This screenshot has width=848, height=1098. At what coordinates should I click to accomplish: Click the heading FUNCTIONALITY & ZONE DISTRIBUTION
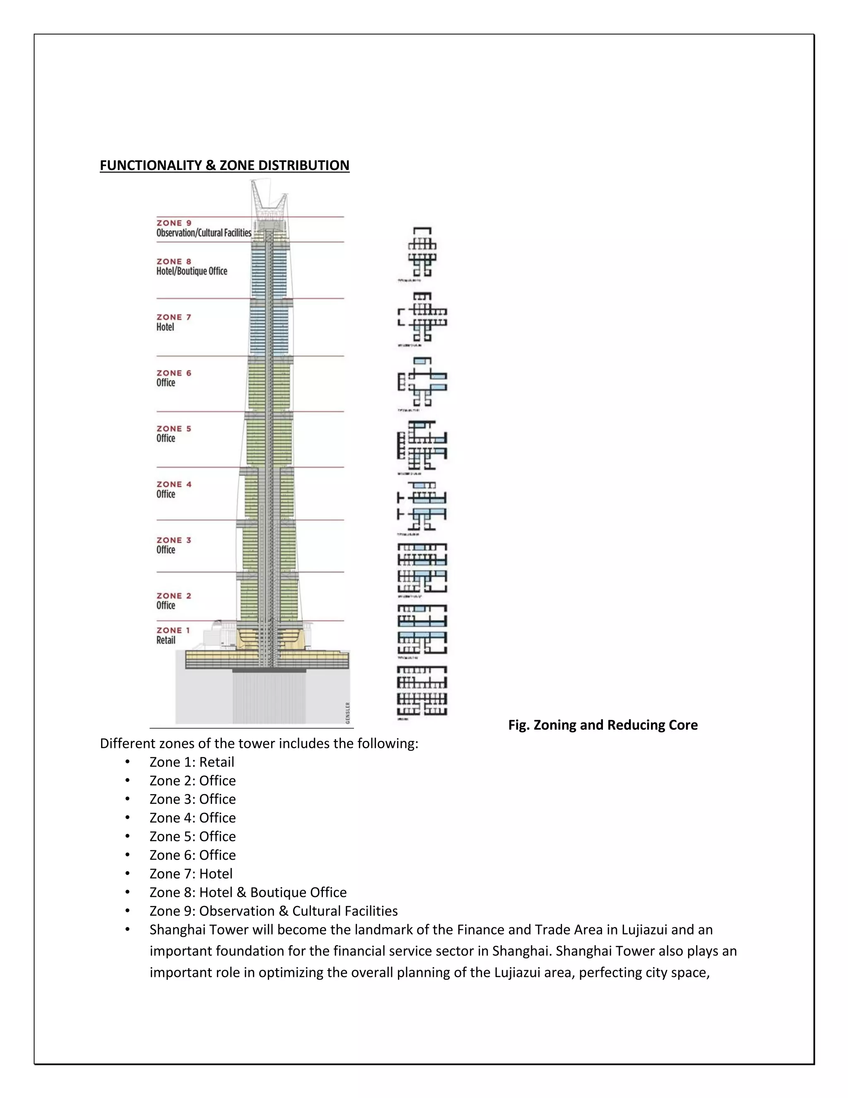click(x=224, y=165)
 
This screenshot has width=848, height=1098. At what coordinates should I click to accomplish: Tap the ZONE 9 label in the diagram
click(x=174, y=223)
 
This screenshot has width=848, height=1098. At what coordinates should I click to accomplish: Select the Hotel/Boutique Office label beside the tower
click(x=191, y=271)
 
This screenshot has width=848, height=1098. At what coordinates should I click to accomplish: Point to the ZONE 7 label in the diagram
click(x=174, y=317)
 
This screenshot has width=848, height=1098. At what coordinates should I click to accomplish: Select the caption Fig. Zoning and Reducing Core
click(x=602, y=725)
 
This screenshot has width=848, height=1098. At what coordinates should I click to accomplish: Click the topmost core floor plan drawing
click(x=422, y=252)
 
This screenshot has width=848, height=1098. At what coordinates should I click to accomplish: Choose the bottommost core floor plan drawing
click(x=422, y=691)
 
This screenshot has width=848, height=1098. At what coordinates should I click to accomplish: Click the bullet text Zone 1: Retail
click(x=191, y=762)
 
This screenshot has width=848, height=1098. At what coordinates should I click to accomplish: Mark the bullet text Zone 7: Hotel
click(x=191, y=874)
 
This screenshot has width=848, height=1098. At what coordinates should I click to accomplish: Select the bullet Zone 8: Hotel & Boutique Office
click(x=248, y=892)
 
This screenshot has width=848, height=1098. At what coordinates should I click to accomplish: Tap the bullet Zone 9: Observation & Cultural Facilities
click(x=273, y=911)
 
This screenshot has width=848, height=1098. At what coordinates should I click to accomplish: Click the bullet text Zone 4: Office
click(x=193, y=818)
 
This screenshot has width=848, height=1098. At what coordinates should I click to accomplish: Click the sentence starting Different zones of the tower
click(x=259, y=744)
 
